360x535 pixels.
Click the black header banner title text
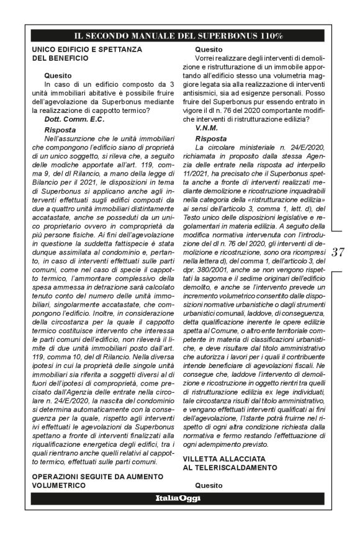pos(179,36)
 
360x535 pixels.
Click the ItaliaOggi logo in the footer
pos(178,498)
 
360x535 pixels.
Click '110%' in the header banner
pos(269,36)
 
